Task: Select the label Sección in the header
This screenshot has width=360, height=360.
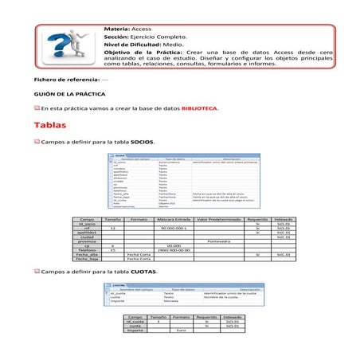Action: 117,37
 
